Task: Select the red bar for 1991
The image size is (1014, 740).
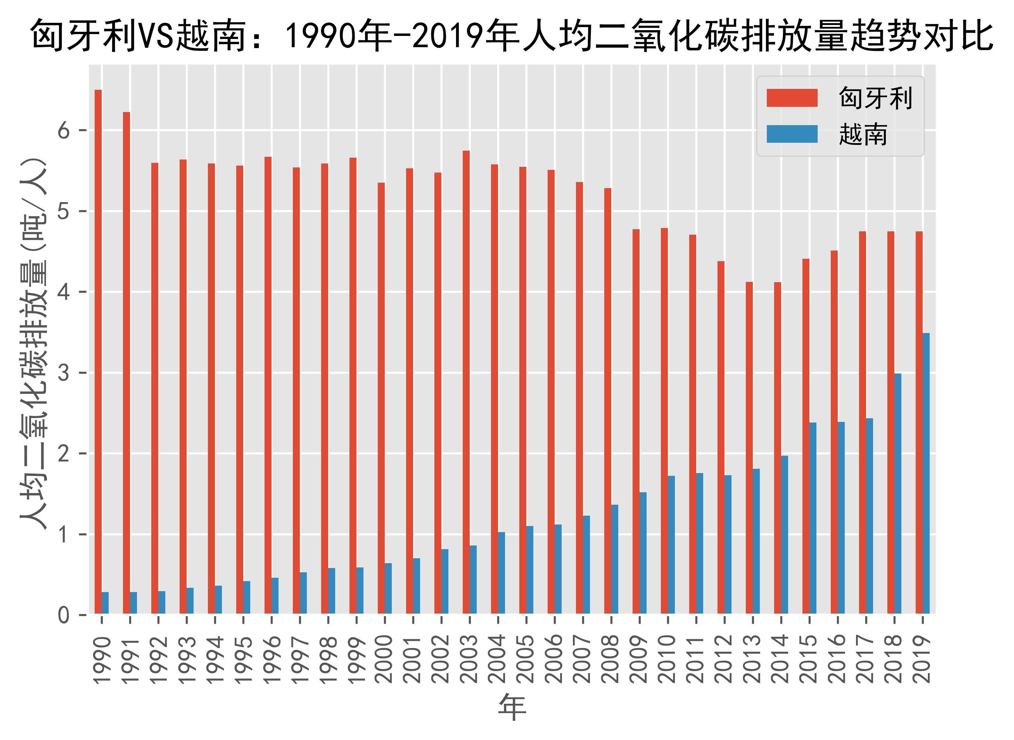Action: click(x=126, y=363)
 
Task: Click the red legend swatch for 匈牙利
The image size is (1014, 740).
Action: click(x=792, y=98)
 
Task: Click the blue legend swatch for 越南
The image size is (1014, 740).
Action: click(x=792, y=134)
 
